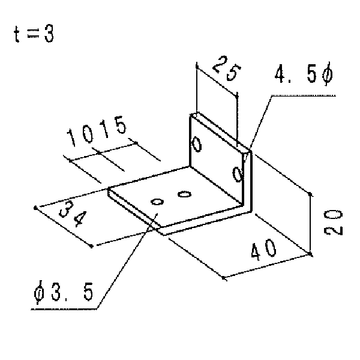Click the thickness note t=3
(x=34, y=34)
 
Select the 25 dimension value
(x=226, y=68)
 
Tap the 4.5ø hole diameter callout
(x=304, y=74)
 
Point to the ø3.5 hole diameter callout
(x=64, y=292)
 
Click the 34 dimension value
(x=73, y=214)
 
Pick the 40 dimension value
(x=263, y=250)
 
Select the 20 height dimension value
(x=333, y=222)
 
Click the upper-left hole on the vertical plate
(x=197, y=144)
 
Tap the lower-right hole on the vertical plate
(x=238, y=175)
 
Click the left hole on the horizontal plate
(x=157, y=202)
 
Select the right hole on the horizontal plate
(x=185, y=194)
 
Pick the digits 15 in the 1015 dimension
(x=114, y=127)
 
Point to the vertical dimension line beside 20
(x=310, y=224)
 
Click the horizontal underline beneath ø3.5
(x=64, y=309)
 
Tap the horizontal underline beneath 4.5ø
(x=304, y=95)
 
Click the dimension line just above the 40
(x=267, y=266)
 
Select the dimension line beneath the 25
(x=217, y=80)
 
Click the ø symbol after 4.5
(x=328, y=74)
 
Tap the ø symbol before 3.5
(x=39, y=292)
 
